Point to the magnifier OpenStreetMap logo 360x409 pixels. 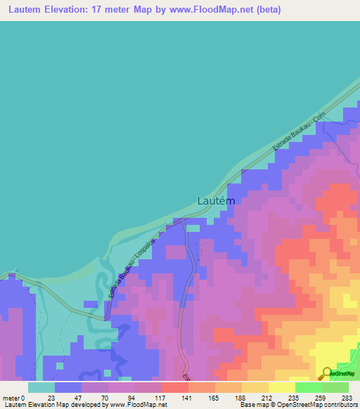click(328, 373)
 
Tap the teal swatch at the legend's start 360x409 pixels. click(41, 387)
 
